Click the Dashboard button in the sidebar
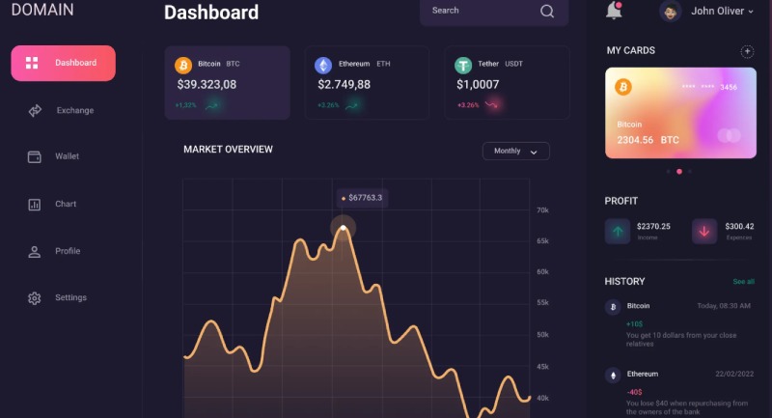[x=63, y=63]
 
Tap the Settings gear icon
[x=35, y=298]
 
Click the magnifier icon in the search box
[x=547, y=12]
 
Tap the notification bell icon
[x=614, y=11]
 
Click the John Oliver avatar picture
[x=671, y=12]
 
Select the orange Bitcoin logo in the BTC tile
[x=183, y=65]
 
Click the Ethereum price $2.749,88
[x=344, y=84]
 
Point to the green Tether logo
[x=463, y=65]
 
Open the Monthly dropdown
[x=516, y=152]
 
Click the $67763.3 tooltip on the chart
[x=362, y=198]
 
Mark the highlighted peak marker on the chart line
[x=343, y=229]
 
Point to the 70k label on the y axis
[x=542, y=210]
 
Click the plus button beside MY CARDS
[x=747, y=51]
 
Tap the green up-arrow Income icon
[x=618, y=231]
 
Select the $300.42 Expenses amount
[x=739, y=227]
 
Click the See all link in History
[x=743, y=282]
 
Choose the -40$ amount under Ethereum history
[x=635, y=392]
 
